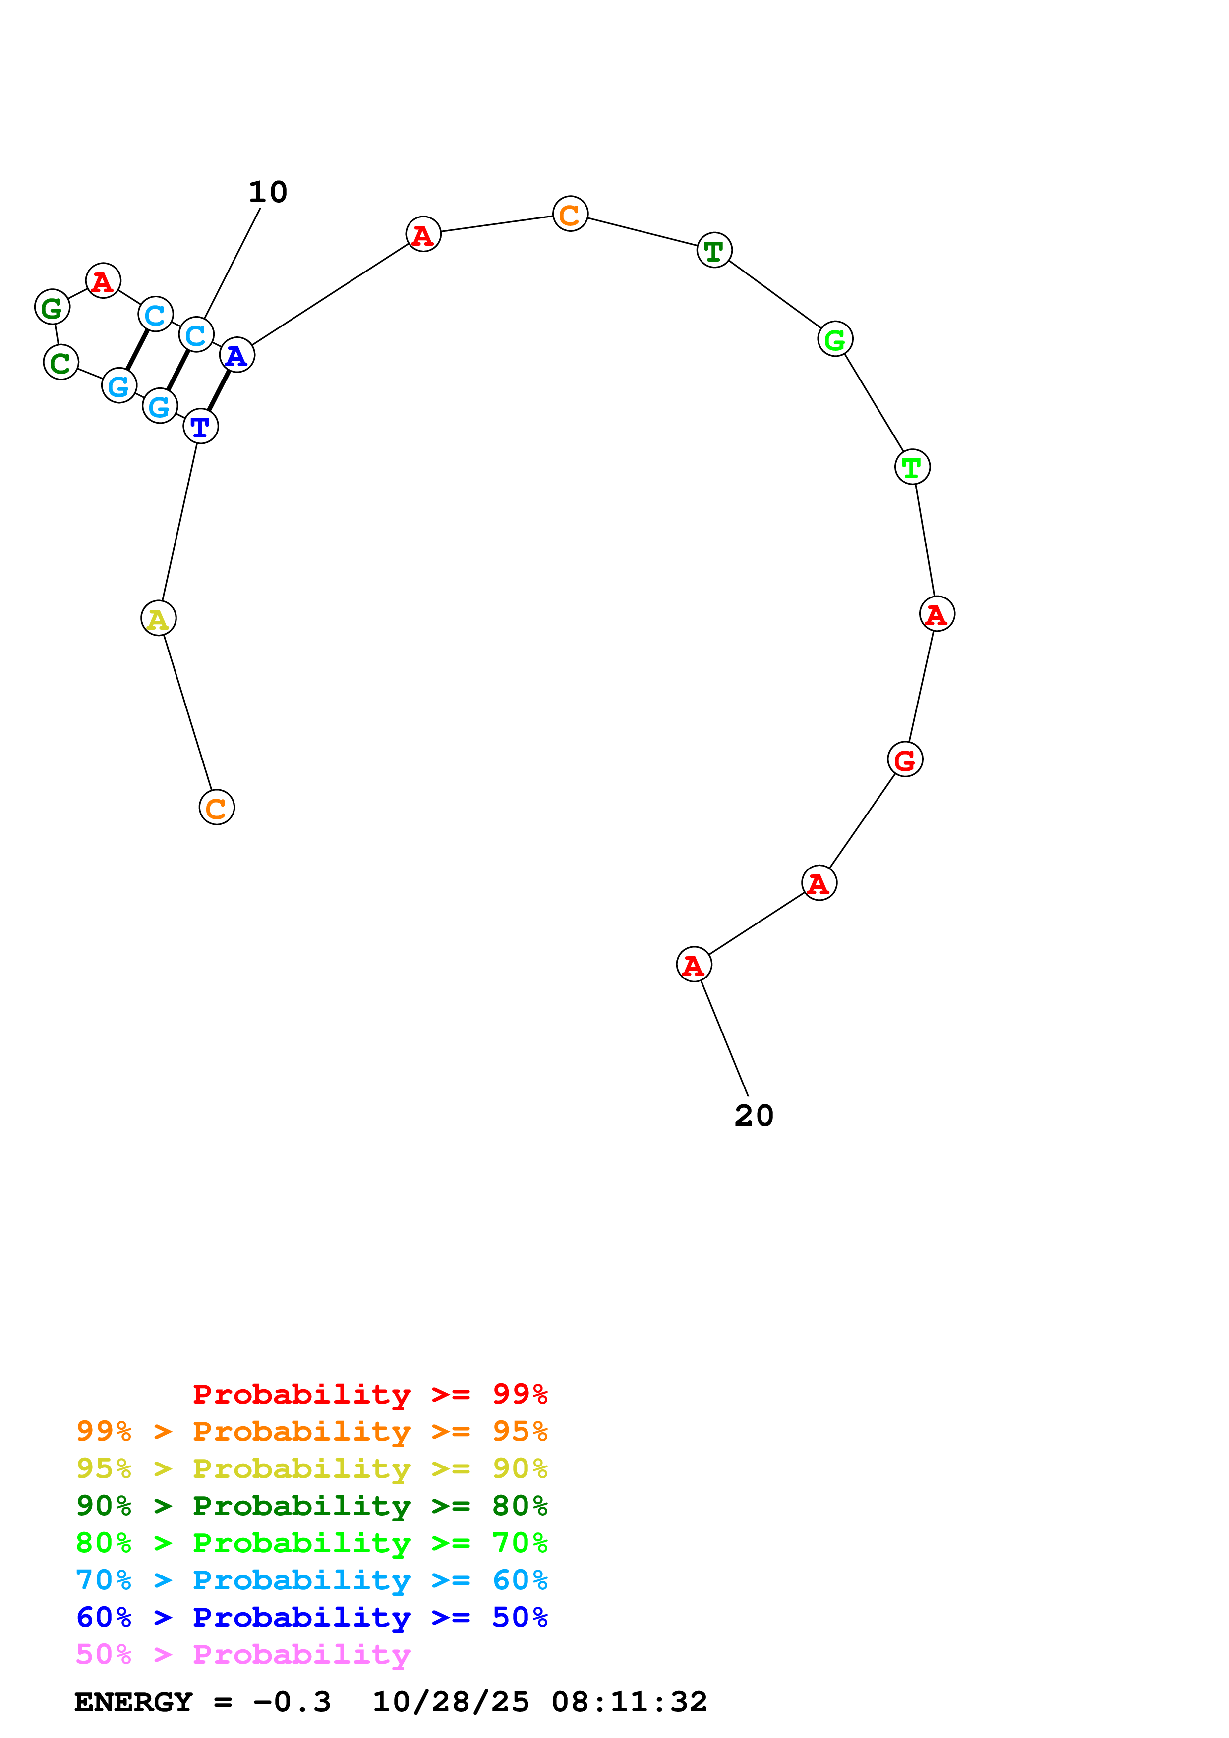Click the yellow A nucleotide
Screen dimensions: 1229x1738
(x=158, y=618)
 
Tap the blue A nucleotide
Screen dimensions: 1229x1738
(x=237, y=355)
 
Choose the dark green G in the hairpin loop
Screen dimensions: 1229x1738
(x=52, y=307)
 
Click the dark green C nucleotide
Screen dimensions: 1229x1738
(x=60, y=363)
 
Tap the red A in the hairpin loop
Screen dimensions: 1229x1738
(x=103, y=281)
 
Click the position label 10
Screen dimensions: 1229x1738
(x=268, y=192)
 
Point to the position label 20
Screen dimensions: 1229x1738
(x=754, y=1116)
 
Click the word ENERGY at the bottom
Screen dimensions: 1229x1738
(x=133, y=1702)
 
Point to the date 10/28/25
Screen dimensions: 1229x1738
(x=451, y=1702)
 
